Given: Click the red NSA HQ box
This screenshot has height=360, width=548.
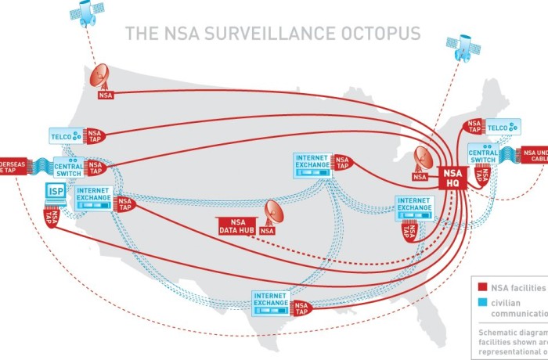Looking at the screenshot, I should (x=453, y=178).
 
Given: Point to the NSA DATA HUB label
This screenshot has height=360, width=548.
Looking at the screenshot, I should (x=236, y=225).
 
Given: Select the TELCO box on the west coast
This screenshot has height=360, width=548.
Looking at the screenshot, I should (x=65, y=135).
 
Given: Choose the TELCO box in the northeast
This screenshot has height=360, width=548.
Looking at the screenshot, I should (x=502, y=125).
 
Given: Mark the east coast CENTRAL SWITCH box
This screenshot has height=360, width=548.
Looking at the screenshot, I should (x=484, y=154).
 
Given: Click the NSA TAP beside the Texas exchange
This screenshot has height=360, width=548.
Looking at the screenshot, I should (x=301, y=308).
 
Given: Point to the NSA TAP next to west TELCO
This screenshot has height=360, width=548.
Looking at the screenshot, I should (x=95, y=135).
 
